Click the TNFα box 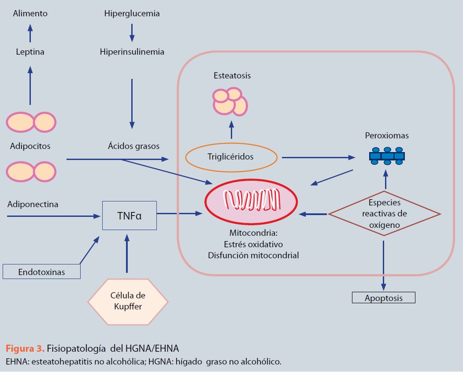[x=129, y=216]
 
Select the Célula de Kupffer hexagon [x=128, y=301]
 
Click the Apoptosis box [x=383, y=298]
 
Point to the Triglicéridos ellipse [x=231, y=156]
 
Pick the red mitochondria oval [x=251, y=201]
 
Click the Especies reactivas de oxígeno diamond [x=384, y=213]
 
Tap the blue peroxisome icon [x=387, y=156]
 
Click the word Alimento [x=30, y=14]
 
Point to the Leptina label [x=30, y=52]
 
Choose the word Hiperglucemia [x=132, y=14]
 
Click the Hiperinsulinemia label [x=132, y=52]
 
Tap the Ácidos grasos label [x=133, y=145]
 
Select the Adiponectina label [x=33, y=205]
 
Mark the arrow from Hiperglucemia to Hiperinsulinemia [x=132, y=33]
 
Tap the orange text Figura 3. [x=25, y=349]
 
